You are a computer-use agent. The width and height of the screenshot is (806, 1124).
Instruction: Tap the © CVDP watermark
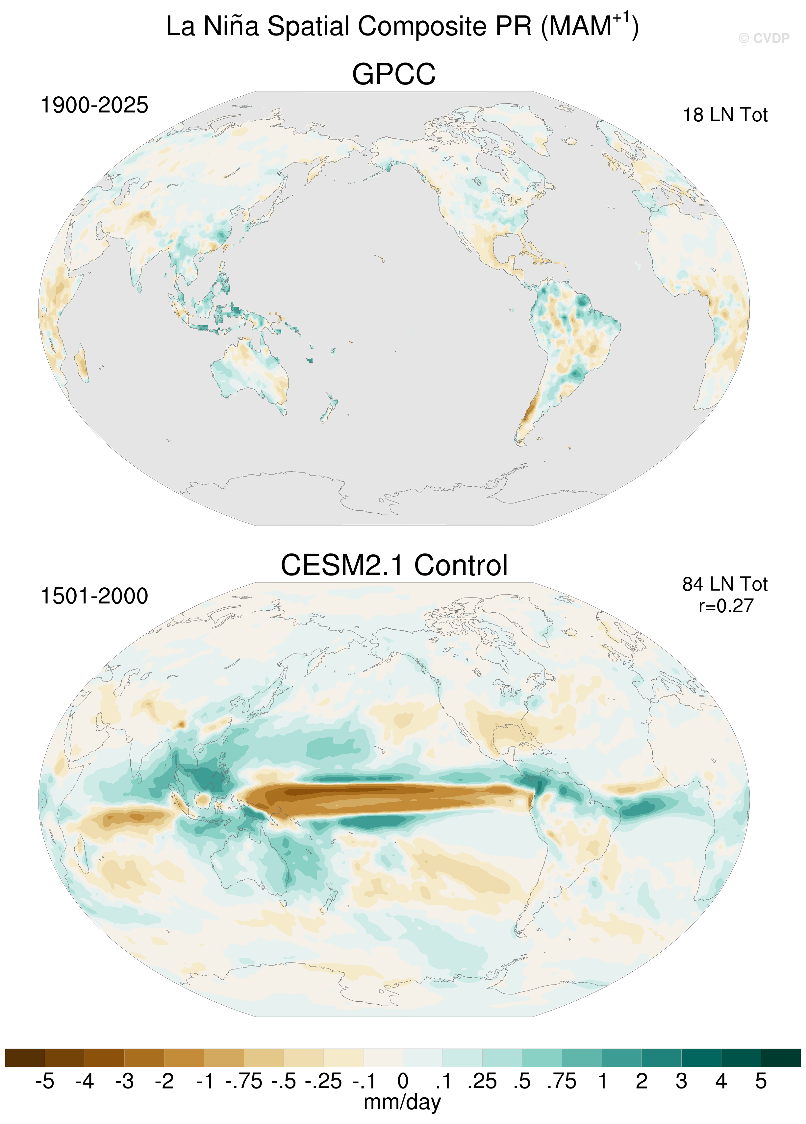pyautogui.click(x=764, y=38)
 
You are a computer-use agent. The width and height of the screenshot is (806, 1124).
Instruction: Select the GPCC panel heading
pyautogui.click(x=394, y=74)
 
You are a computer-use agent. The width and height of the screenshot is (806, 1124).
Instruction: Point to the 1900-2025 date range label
pyautogui.click(x=94, y=105)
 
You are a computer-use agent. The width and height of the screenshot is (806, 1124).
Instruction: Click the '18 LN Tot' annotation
pyautogui.click(x=725, y=115)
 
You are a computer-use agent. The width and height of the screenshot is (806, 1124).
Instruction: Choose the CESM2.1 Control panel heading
pyautogui.click(x=394, y=565)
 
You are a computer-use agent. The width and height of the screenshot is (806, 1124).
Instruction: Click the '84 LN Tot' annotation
pyautogui.click(x=725, y=584)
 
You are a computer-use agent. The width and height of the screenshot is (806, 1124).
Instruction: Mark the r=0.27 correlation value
pyautogui.click(x=726, y=606)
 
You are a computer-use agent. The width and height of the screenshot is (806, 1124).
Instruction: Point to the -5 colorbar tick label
pyautogui.click(x=45, y=1081)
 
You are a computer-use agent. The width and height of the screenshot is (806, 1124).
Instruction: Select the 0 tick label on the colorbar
pyautogui.click(x=403, y=1081)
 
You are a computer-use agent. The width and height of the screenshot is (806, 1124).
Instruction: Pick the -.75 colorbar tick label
pyautogui.click(x=243, y=1081)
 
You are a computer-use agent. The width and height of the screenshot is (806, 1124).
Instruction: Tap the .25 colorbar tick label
pyautogui.click(x=482, y=1081)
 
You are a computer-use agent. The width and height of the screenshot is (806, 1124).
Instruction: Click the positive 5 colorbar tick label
pyautogui.click(x=761, y=1081)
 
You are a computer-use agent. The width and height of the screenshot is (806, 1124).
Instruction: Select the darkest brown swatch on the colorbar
pyautogui.click(x=25, y=1058)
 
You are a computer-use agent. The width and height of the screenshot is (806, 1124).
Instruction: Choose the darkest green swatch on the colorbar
pyautogui.click(x=781, y=1058)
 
